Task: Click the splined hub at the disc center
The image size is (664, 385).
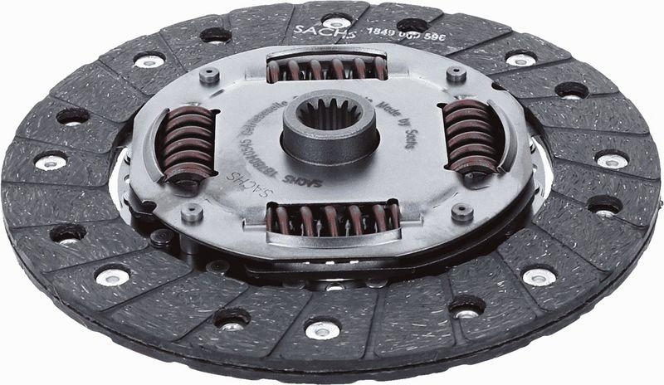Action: [x=330, y=133]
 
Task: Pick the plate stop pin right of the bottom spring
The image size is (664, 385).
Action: [x=461, y=212]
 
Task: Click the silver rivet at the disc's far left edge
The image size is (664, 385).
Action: [x=50, y=162]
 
